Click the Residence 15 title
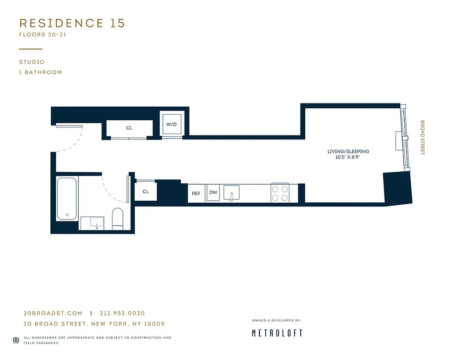72,23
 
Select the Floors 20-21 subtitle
43,35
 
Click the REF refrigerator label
196,193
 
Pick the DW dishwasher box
213,193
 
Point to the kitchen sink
231,193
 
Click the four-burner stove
280,193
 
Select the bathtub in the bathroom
67,198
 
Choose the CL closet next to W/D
129,128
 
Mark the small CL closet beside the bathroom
145,192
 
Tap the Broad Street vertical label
422,137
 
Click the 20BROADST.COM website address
53,314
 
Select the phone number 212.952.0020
122,314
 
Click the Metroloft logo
276,333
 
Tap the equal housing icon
15,340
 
